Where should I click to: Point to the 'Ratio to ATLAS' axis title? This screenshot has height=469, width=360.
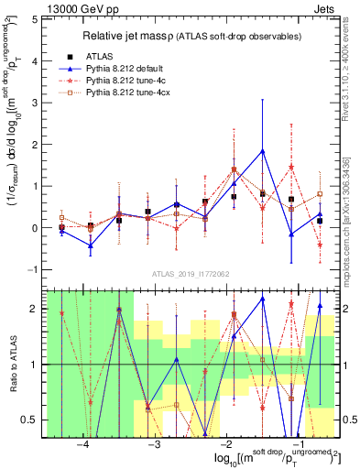click(12, 365)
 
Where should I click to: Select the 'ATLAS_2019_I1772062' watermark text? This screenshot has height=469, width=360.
click(190, 272)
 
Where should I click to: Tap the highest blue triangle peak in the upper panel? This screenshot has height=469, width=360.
click(263, 151)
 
